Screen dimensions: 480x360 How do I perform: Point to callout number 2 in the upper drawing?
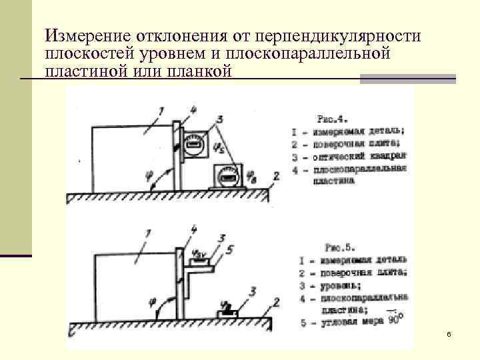tap(275, 177)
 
